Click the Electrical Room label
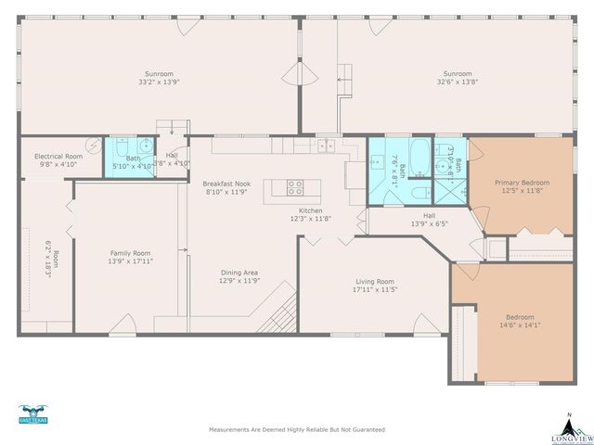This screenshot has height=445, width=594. [58, 157]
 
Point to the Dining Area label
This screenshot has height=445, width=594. [239, 273]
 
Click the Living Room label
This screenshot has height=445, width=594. [375, 281]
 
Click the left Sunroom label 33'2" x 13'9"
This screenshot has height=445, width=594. [159, 82]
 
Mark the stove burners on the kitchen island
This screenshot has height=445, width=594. [294, 189]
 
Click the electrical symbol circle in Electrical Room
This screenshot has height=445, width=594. [95, 145]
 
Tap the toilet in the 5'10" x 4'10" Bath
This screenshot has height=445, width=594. [146, 146]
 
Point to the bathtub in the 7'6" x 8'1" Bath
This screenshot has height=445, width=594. [420, 152]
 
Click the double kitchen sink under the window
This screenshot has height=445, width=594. [326, 146]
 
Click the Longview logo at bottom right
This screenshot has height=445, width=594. [569, 427]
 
